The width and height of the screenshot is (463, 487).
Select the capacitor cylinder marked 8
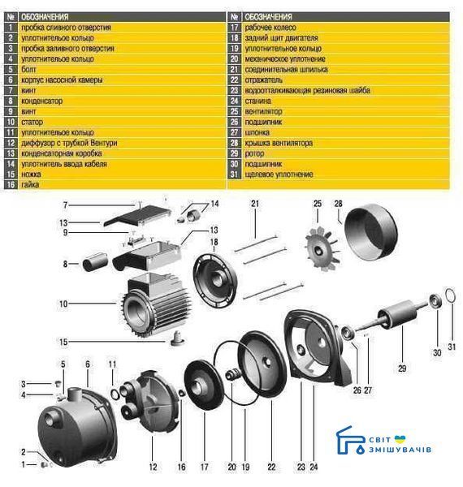[x=95, y=262]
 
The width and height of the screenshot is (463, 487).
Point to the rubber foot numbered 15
[x=177, y=338]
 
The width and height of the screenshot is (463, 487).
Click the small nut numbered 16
[x=181, y=393]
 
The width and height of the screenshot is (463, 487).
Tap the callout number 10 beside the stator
[x=63, y=304]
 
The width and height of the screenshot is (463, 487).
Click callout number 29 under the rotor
[x=402, y=368]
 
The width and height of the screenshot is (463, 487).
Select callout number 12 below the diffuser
[x=154, y=467]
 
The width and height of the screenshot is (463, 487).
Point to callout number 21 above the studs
[x=255, y=204]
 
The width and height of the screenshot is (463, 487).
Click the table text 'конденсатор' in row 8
[x=41, y=101]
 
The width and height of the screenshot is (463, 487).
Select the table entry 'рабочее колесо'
[x=270, y=28]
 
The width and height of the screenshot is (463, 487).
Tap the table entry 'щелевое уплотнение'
[x=279, y=175]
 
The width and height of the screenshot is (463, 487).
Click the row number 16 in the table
[x=11, y=184]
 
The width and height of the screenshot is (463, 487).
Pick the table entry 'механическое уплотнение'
[x=285, y=58]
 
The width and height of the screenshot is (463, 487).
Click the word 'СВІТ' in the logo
[x=379, y=440]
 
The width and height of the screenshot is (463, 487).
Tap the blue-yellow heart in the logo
[x=400, y=439]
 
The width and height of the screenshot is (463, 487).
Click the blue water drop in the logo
[x=361, y=450]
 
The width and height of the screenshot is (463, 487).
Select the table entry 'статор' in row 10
[x=32, y=122]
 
